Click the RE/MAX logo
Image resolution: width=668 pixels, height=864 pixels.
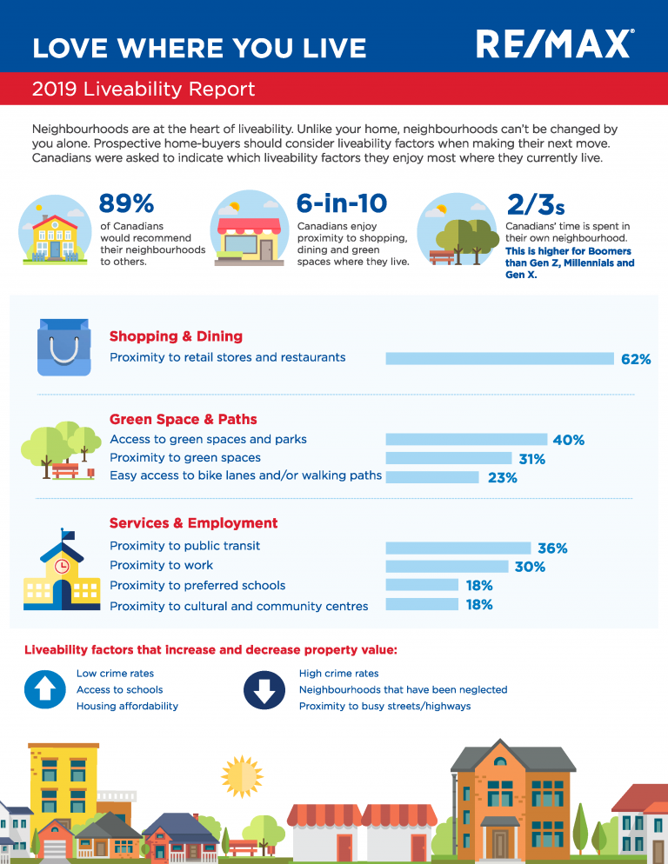(x=554, y=43)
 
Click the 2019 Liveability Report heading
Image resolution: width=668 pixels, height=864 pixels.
(x=144, y=90)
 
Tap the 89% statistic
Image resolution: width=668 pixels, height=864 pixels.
(x=126, y=204)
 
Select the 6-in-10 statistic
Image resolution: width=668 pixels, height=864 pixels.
(x=341, y=204)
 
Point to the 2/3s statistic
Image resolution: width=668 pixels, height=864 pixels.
(x=535, y=205)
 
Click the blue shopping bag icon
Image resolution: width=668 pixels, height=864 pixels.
(x=63, y=348)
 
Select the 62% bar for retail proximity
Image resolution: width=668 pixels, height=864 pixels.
(x=499, y=358)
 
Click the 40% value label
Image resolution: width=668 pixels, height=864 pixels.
(x=568, y=440)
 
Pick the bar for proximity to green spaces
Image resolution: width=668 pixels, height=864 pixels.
(x=448, y=458)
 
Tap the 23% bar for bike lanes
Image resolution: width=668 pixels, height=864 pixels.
(x=432, y=477)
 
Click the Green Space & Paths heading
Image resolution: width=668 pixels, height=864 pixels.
(x=184, y=419)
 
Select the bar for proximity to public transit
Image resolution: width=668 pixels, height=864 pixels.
(x=458, y=548)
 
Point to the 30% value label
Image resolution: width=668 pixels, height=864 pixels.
(x=529, y=567)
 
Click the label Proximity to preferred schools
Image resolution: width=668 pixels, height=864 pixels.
(x=197, y=586)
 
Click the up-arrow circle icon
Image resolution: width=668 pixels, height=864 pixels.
(x=45, y=690)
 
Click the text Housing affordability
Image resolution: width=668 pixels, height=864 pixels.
(x=127, y=706)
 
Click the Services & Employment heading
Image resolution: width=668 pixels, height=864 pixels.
(x=193, y=523)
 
